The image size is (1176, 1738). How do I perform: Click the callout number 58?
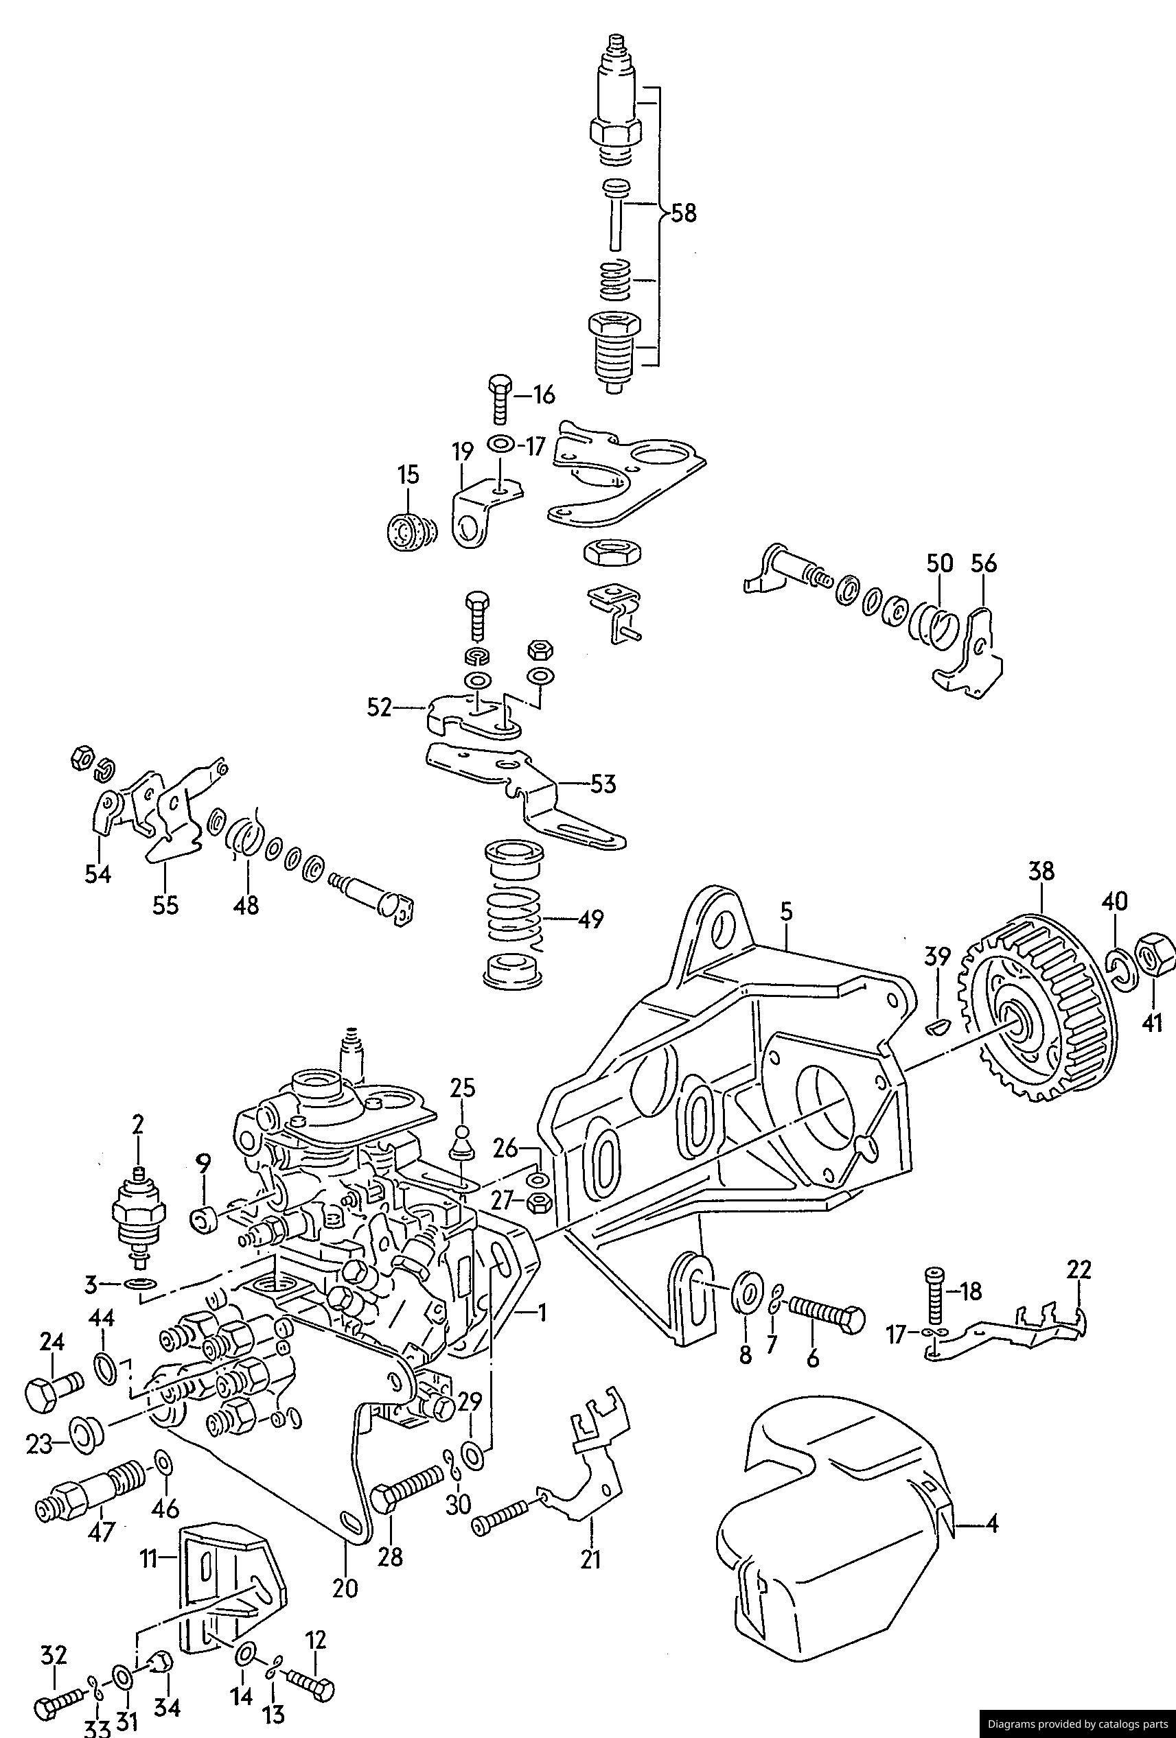(683, 214)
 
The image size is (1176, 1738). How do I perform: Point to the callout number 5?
(785, 912)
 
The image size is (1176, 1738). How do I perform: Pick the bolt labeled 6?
(827, 1314)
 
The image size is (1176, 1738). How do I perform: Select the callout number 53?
(602, 784)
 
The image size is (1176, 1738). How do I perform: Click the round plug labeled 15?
(408, 531)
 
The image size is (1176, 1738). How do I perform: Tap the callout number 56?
(984, 563)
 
